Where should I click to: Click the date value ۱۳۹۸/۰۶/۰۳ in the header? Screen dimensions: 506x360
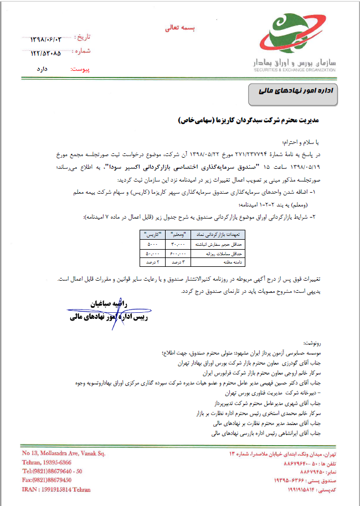pyautogui.click(x=52, y=39)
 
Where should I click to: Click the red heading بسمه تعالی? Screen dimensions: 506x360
pyautogui.click(x=180, y=27)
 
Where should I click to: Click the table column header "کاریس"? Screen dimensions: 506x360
pyautogui.click(x=150, y=235)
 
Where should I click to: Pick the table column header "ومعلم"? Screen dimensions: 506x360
pyautogui.click(x=177, y=235)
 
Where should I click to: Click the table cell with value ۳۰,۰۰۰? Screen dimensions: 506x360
pyautogui.click(x=177, y=243)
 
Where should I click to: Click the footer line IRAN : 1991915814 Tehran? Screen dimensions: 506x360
pyautogui.click(x=56, y=489)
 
